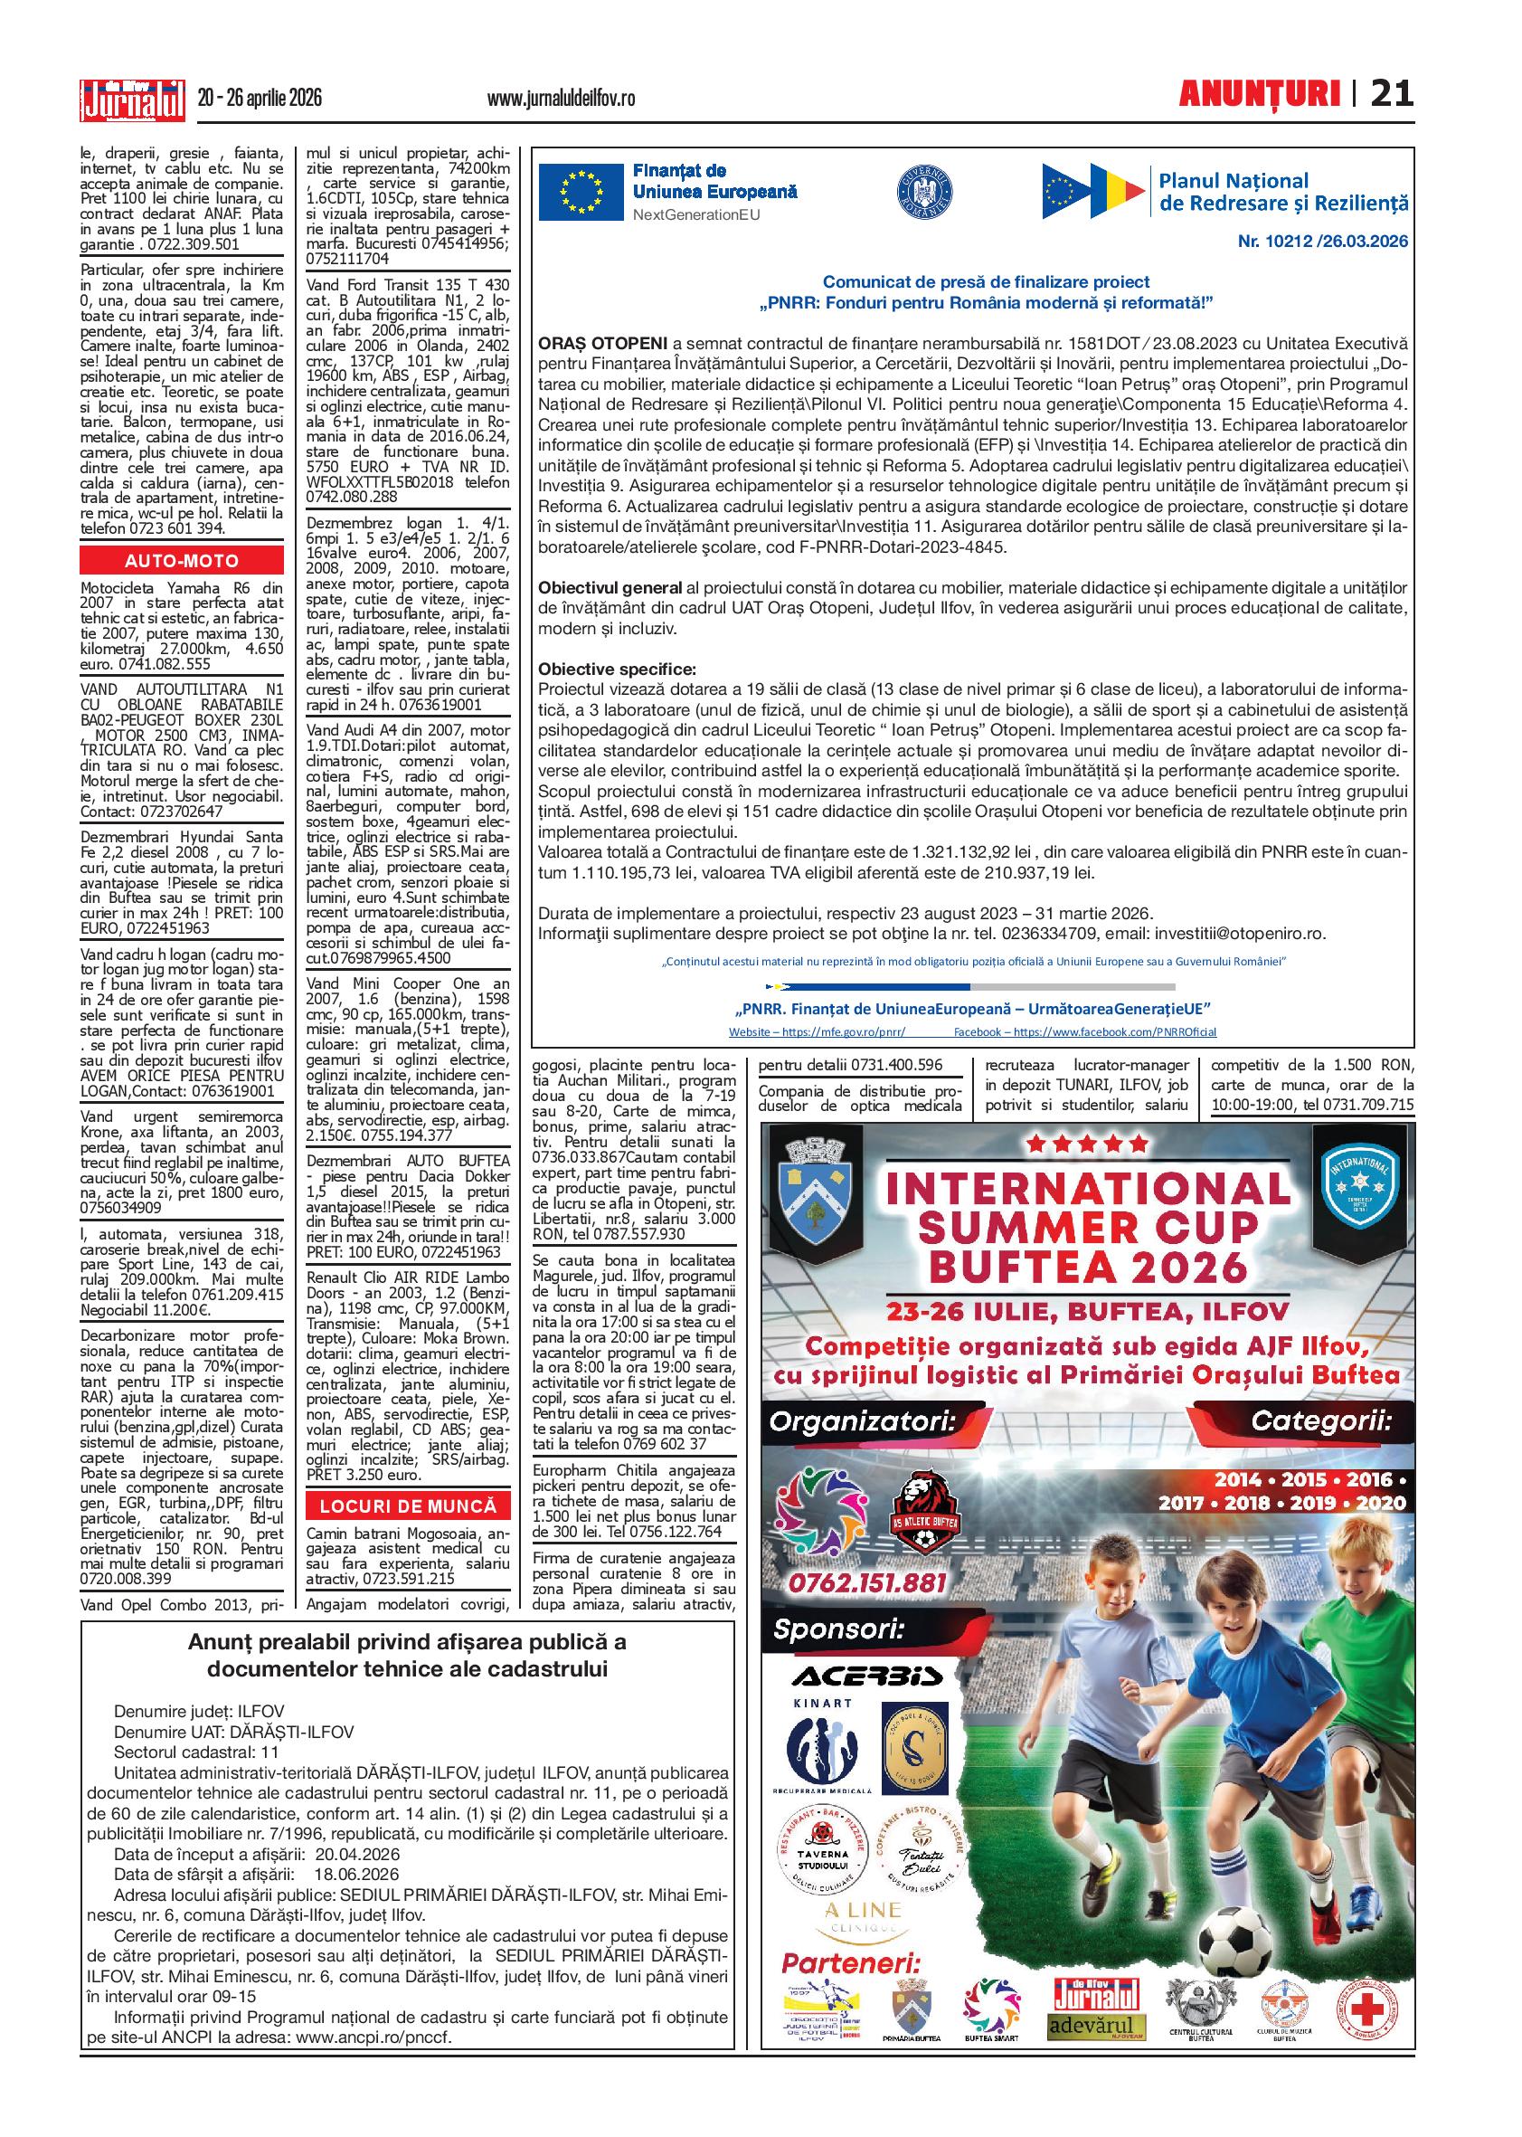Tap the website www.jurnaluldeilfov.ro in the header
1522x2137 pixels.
562,98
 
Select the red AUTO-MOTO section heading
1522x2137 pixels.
182,561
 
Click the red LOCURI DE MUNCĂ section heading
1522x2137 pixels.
408,1507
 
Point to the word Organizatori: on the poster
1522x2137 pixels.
861,1421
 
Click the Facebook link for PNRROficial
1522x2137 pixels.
1084,1031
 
